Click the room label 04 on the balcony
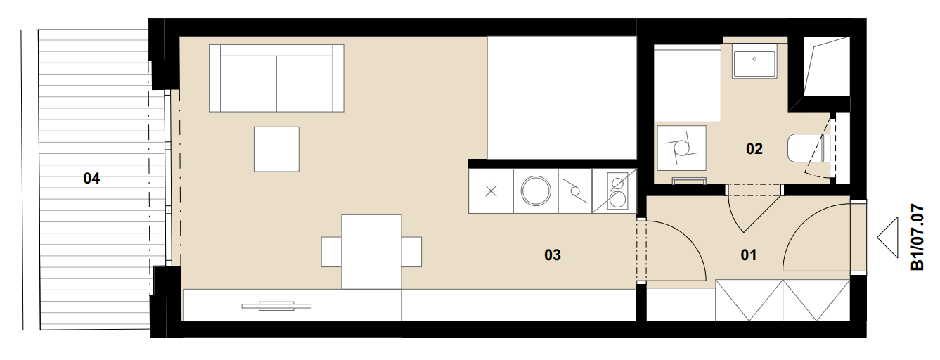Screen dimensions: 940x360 coord(91,179)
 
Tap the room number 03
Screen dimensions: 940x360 coord(552,255)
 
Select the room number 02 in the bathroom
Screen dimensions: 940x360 coord(754,148)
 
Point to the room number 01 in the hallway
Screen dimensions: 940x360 coord(749,255)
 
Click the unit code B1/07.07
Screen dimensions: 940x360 coord(918,237)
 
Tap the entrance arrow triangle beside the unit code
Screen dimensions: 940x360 coord(888,238)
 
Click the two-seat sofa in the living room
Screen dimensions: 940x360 coord(276,78)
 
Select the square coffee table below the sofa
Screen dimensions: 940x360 coord(276,149)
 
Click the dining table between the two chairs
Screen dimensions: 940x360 coord(371,252)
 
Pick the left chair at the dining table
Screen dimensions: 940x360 coord(332,252)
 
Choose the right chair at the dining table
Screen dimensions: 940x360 coord(411,252)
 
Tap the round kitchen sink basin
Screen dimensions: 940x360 coord(536,191)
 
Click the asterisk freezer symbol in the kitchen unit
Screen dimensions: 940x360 coord(491,191)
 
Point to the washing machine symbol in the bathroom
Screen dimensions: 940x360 coord(681,148)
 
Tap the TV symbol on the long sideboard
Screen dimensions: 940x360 coord(276,306)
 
